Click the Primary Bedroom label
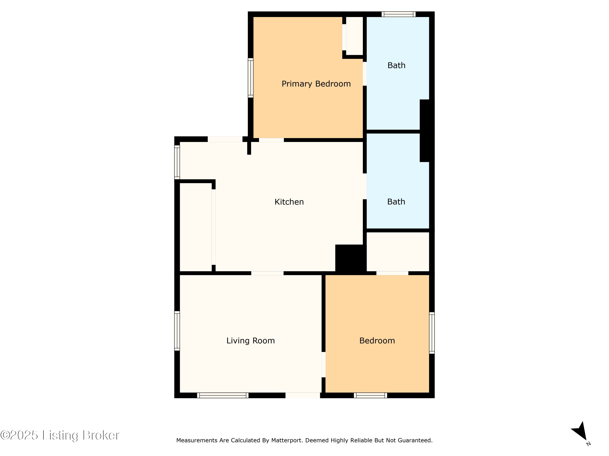[x=316, y=84]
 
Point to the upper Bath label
[x=396, y=65]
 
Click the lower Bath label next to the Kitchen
[x=396, y=202]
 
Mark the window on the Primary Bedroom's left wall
[x=251, y=78]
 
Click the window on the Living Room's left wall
[x=177, y=331]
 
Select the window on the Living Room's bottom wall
[x=223, y=395]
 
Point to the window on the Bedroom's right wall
[x=432, y=333]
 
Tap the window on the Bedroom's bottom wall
[x=370, y=395]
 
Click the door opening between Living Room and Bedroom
[x=324, y=364]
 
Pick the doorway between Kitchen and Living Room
[x=267, y=273]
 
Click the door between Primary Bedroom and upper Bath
[x=365, y=74]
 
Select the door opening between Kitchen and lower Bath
[x=365, y=186]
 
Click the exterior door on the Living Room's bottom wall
[x=303, y=395]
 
